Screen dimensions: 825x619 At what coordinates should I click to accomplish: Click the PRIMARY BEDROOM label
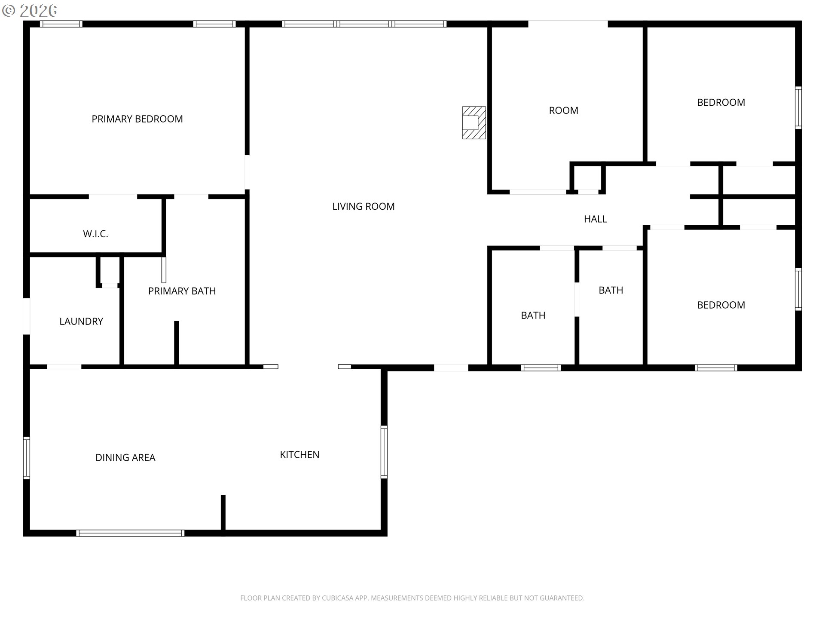137,119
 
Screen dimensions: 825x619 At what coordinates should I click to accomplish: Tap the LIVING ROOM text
364,206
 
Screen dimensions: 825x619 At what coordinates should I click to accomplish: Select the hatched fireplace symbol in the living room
474,123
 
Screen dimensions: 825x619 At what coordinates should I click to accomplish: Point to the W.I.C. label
95,234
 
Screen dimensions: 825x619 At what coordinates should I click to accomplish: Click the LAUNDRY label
81,322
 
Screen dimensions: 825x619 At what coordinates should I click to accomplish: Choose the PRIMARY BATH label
182,291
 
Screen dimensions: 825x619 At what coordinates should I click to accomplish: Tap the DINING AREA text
125,458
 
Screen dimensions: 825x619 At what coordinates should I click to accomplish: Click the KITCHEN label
299,455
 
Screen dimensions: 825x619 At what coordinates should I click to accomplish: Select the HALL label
596,219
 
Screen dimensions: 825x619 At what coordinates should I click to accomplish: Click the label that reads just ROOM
564,110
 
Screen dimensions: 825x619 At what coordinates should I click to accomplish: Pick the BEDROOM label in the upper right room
721,102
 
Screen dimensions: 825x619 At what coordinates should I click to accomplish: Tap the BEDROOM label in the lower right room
721,305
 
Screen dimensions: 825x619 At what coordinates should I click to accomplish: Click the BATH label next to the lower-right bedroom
611,290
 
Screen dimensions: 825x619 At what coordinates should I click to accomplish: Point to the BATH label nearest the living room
533,316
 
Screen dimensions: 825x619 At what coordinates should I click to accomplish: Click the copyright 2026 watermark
30,10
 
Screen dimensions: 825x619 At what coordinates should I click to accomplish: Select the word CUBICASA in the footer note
338,598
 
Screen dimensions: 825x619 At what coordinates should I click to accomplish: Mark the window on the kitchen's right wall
384,452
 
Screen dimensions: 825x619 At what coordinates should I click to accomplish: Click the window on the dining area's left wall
27,458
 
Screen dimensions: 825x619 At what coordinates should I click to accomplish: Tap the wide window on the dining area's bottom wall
130,533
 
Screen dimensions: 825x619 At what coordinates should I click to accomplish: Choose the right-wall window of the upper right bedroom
798,107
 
